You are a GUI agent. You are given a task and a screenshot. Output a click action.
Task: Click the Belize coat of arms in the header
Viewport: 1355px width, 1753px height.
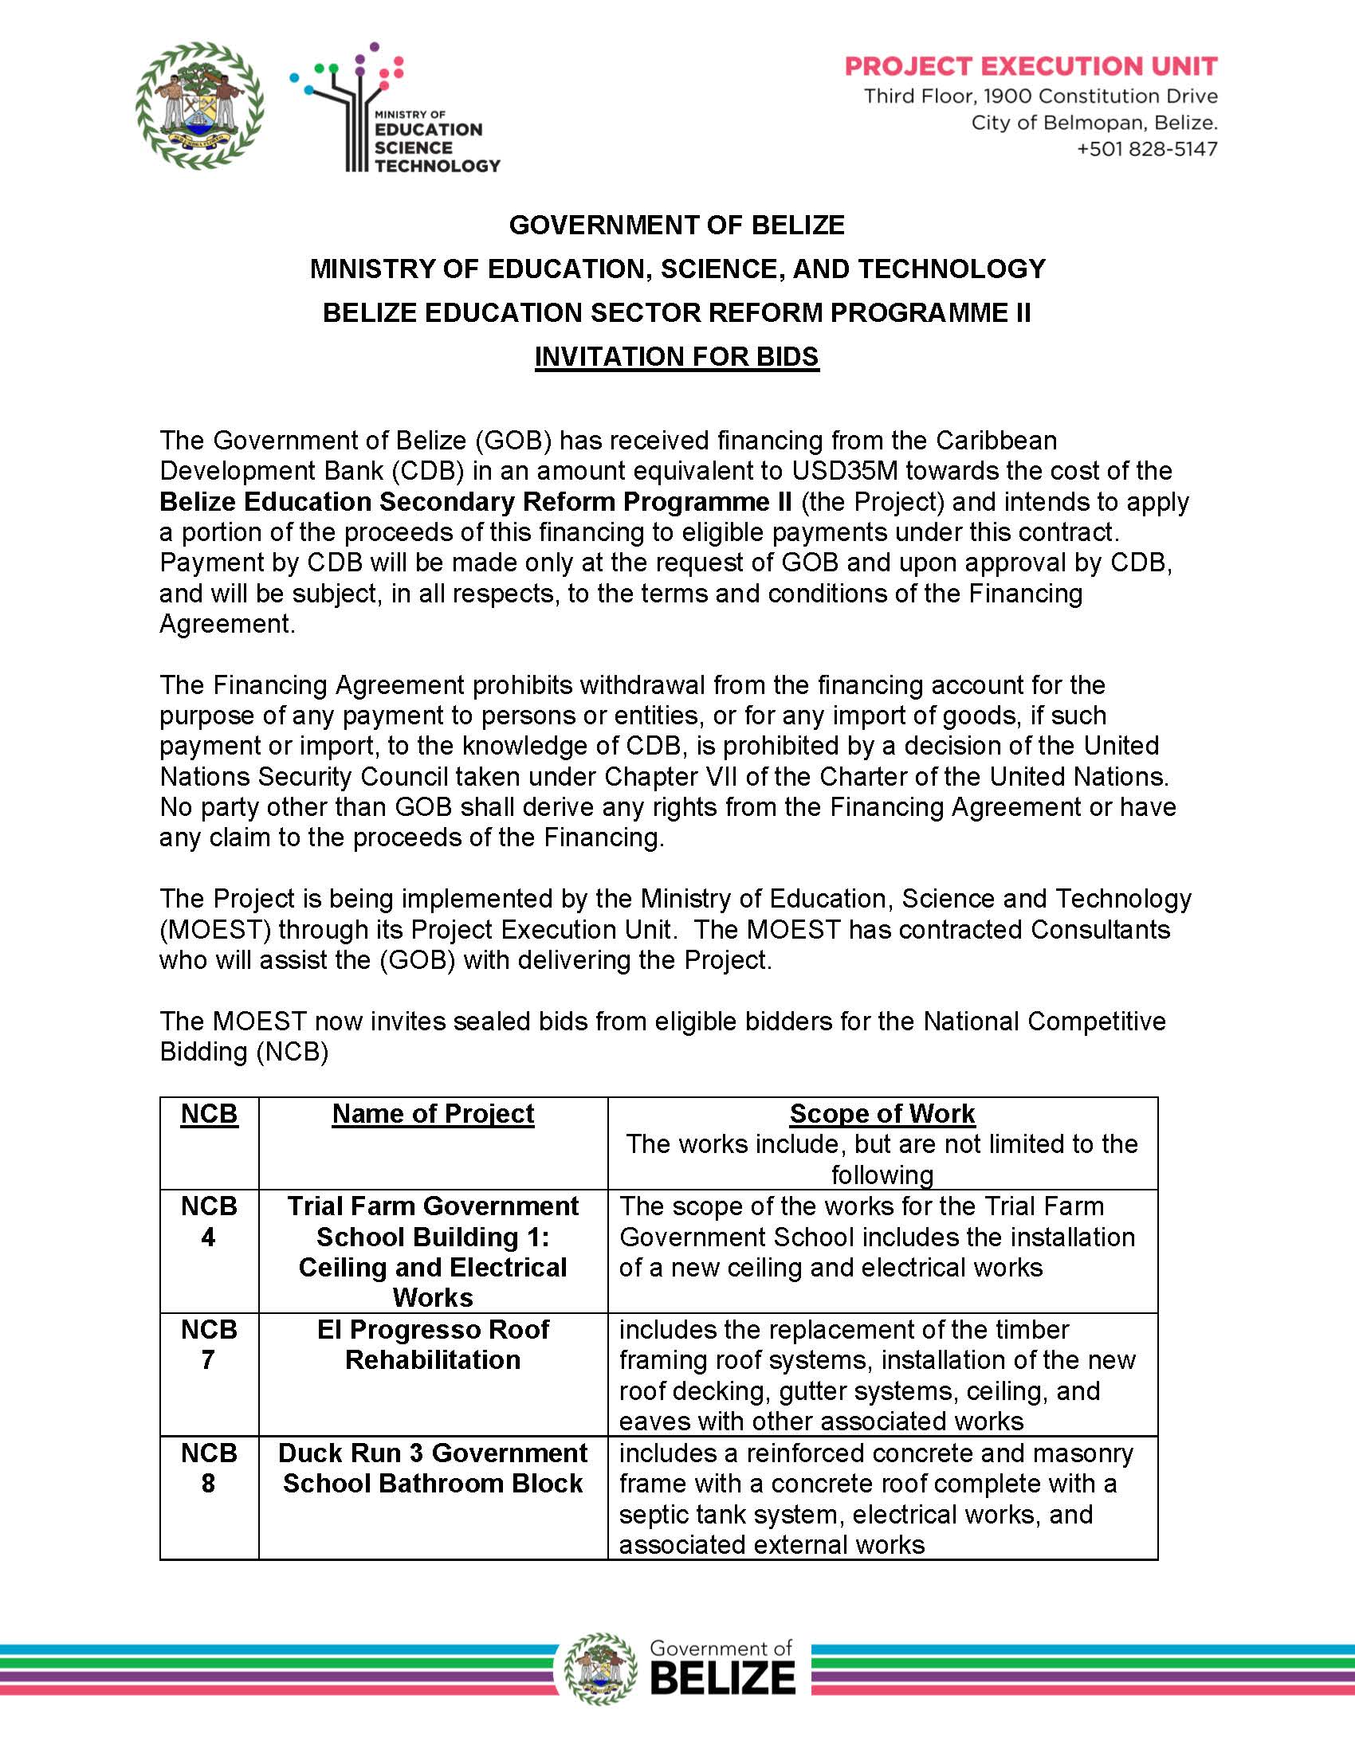200,106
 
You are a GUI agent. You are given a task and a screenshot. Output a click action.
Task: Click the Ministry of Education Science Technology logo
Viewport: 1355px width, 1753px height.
395,109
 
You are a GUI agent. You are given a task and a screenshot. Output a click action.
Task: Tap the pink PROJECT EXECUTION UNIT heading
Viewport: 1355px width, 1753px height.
1031,66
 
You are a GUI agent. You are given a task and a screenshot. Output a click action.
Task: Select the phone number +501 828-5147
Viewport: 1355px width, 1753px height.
1146,149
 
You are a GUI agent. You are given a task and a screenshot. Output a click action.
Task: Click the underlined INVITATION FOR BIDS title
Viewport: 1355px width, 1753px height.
677,356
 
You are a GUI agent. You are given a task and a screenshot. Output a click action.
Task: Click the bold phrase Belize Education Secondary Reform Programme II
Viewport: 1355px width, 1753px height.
475,502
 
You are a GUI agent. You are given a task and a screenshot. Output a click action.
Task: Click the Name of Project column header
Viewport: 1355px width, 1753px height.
433,1114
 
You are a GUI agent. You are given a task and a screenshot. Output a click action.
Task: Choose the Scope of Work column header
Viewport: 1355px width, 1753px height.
882,1114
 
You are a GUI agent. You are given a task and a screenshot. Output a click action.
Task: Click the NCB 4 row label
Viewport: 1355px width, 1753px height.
209,1221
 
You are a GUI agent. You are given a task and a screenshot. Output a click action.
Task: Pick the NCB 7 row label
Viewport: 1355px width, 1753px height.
209,1344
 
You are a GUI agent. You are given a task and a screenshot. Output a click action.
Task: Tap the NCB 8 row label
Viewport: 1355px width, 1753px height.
209,1468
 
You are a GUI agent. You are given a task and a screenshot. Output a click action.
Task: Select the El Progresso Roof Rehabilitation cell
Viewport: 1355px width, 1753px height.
433,1344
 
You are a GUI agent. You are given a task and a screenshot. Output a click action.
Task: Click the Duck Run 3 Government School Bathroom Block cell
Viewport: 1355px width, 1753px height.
433,1468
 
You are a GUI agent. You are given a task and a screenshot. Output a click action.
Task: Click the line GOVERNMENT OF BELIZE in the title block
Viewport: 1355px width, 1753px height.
677,225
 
